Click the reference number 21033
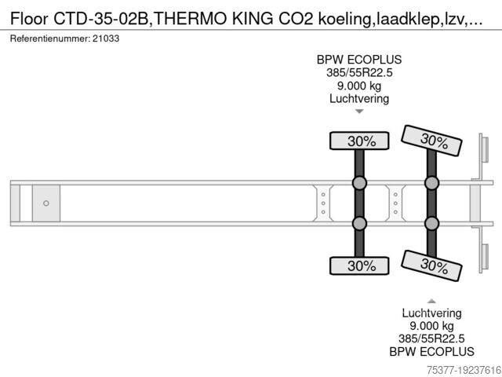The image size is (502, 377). pos(106,38)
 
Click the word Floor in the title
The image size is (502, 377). pos(30,19)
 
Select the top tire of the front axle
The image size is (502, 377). pos(359,141)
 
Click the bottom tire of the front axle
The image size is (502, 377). pos(359,265)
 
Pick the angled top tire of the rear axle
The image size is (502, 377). pos(431,141)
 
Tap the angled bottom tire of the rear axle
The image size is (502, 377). pos(431,265)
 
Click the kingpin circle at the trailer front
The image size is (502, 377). pos(46,203)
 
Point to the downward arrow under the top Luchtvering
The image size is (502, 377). pos(359,112)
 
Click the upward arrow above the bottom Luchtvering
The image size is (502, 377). pos(431,301)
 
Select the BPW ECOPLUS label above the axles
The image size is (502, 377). pos(359,60)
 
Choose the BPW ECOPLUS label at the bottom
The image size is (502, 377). pos(431,352)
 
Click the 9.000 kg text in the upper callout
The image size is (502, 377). pos(359,86)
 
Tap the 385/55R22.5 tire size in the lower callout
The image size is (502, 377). pos(431,339)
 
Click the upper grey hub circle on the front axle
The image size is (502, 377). pos(359,183)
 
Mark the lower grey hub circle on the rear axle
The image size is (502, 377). pos(431,223)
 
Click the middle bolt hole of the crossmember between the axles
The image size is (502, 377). pos(395,203)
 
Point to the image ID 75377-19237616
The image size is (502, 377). pos(464,370)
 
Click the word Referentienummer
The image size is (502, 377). pos(50,38)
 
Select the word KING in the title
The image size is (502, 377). pos(253,19)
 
